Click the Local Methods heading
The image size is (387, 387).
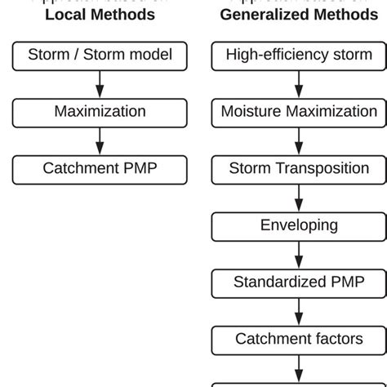[x=100, y=14]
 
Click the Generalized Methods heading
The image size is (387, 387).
[x=299, y=14]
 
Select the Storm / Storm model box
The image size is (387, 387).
[x=100, y=56]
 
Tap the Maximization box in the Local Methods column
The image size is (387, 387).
[x=100, y=112]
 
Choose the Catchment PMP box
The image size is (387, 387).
[x=100, y=169]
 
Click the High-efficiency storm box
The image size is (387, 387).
[x=299, y=56]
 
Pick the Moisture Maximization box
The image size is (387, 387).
[x=299, y=112]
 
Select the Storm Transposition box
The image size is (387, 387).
[x=299, y=169]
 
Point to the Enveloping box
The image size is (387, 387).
[x=299, y=225]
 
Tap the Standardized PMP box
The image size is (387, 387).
[x=299, y=282]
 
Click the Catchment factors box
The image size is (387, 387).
[x=299, y=339]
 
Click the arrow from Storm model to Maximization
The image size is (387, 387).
[x=100, y=83]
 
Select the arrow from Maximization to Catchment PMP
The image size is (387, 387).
[x=100, y=140]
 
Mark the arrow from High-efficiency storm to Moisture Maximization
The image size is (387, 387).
[x=299, y=83]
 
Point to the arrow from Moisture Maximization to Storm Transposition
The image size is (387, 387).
[x=299, y=140]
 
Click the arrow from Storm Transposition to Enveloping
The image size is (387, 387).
[x=299, y=197]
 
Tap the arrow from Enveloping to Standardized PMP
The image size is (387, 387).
[x=299, y=254]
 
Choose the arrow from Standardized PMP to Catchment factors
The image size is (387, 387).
[x=299, y=310]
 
